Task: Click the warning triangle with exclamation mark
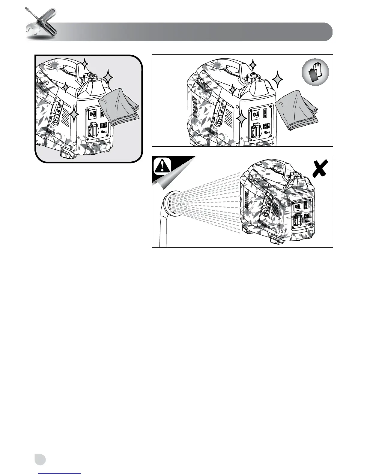162,166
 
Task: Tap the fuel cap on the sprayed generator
296,175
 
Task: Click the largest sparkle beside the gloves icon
278,79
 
